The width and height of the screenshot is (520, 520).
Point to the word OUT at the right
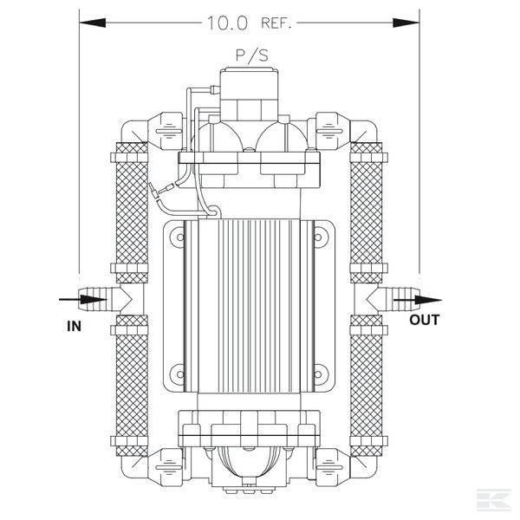coord(425,321)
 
